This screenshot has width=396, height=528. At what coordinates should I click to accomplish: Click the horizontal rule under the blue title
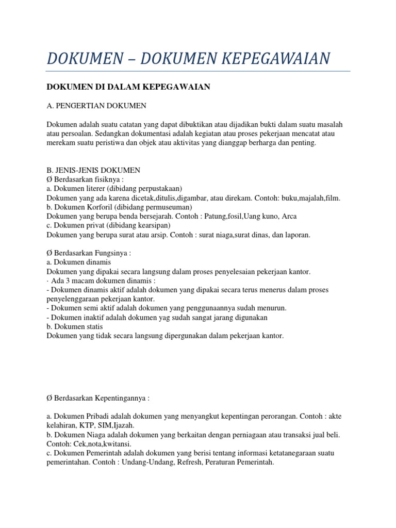tap(198, 71)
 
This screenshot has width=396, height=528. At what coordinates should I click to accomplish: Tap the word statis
tap(93, 327)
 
